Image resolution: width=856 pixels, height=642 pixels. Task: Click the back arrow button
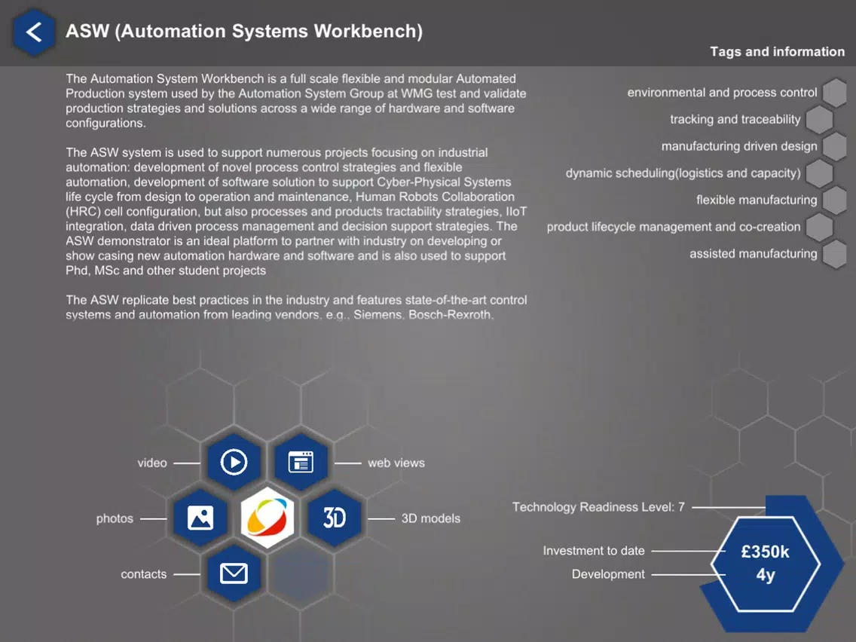tap(34, 32)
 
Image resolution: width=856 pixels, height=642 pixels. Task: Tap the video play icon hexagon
tap(234, 463)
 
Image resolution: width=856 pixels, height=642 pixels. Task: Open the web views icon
tap(301, 463)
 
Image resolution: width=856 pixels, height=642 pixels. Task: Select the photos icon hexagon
tap(200, 518)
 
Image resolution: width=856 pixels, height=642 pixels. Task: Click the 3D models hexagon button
tap(335, 518)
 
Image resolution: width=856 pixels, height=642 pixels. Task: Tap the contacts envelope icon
tap(234, 573)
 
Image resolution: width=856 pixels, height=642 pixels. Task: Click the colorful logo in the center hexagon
tap(267, 518)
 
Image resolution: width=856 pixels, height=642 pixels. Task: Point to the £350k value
tap(766, 552)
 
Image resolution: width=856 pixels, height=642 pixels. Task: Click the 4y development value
tap(766, 576)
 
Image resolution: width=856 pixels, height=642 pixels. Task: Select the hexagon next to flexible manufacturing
tap(835, 200)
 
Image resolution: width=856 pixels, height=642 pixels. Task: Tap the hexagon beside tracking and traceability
tap(819, 120)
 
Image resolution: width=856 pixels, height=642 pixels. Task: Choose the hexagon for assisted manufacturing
tap(835, 254)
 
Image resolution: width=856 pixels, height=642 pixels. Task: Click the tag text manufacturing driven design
tap(739, 146)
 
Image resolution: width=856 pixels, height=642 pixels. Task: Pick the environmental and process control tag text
tap(722, 93)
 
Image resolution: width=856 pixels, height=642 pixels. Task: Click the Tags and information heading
tap(778, 52)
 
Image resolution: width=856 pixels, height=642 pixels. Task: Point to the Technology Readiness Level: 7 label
tap(598, 507)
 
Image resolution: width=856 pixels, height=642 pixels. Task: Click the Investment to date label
tap(594, 551)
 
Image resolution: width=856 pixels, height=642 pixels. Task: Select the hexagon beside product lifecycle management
tap(819, 227)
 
